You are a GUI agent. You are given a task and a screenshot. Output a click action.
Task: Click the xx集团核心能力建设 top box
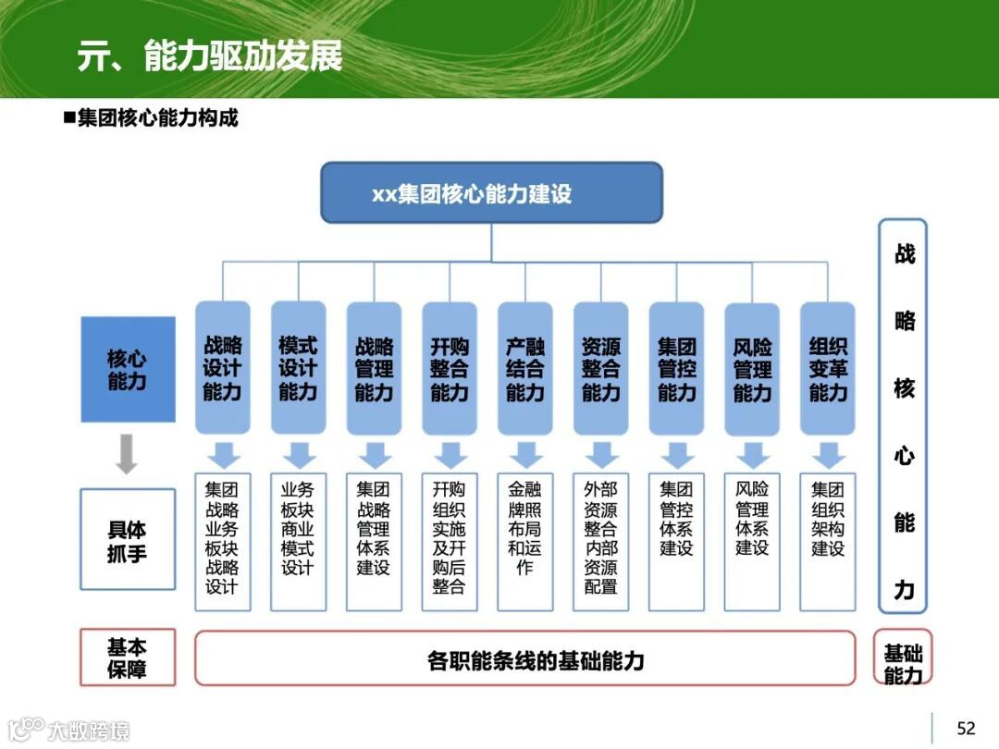(x=491, y=193)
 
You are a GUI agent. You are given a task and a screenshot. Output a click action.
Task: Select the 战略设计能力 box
(x=222, y=368)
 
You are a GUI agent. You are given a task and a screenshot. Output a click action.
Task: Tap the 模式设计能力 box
(x=298, y=368)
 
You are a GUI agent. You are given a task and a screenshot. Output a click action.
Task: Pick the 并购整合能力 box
(x=450, y=368)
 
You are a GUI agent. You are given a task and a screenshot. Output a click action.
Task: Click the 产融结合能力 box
(x=525, y=368)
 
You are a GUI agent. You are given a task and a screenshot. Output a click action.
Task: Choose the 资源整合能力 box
(x=601, y=368)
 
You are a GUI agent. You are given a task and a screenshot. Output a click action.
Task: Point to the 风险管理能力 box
(x=752, y=368)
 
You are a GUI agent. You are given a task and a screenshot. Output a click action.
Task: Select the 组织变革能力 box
(x=828, y=368)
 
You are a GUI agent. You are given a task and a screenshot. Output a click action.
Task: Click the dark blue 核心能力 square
(x=128, y=369)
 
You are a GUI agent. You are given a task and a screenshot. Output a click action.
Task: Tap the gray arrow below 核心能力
(x=127, y=454)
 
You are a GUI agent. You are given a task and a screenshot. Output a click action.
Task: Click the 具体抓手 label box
(x=128, y=540)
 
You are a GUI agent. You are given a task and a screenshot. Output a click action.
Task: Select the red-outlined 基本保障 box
(x=128, y=657)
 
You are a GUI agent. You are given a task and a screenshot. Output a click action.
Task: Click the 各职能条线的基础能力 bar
(x=524, y=658)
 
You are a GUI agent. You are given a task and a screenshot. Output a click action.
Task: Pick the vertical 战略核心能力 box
(x=903, y=416)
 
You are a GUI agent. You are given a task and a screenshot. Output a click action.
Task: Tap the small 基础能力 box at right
(x=903, y=658)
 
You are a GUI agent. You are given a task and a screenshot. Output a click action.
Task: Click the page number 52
(x=966, y=729)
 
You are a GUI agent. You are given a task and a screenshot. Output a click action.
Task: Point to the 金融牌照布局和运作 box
(x=525, y=542)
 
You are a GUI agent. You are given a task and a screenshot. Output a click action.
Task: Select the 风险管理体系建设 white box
(x=752, y=542)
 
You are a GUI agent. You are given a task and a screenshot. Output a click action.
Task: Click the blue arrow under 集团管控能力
(x=676, y=455)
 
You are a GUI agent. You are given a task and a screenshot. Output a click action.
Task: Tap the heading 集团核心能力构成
(x=157, y=118)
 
